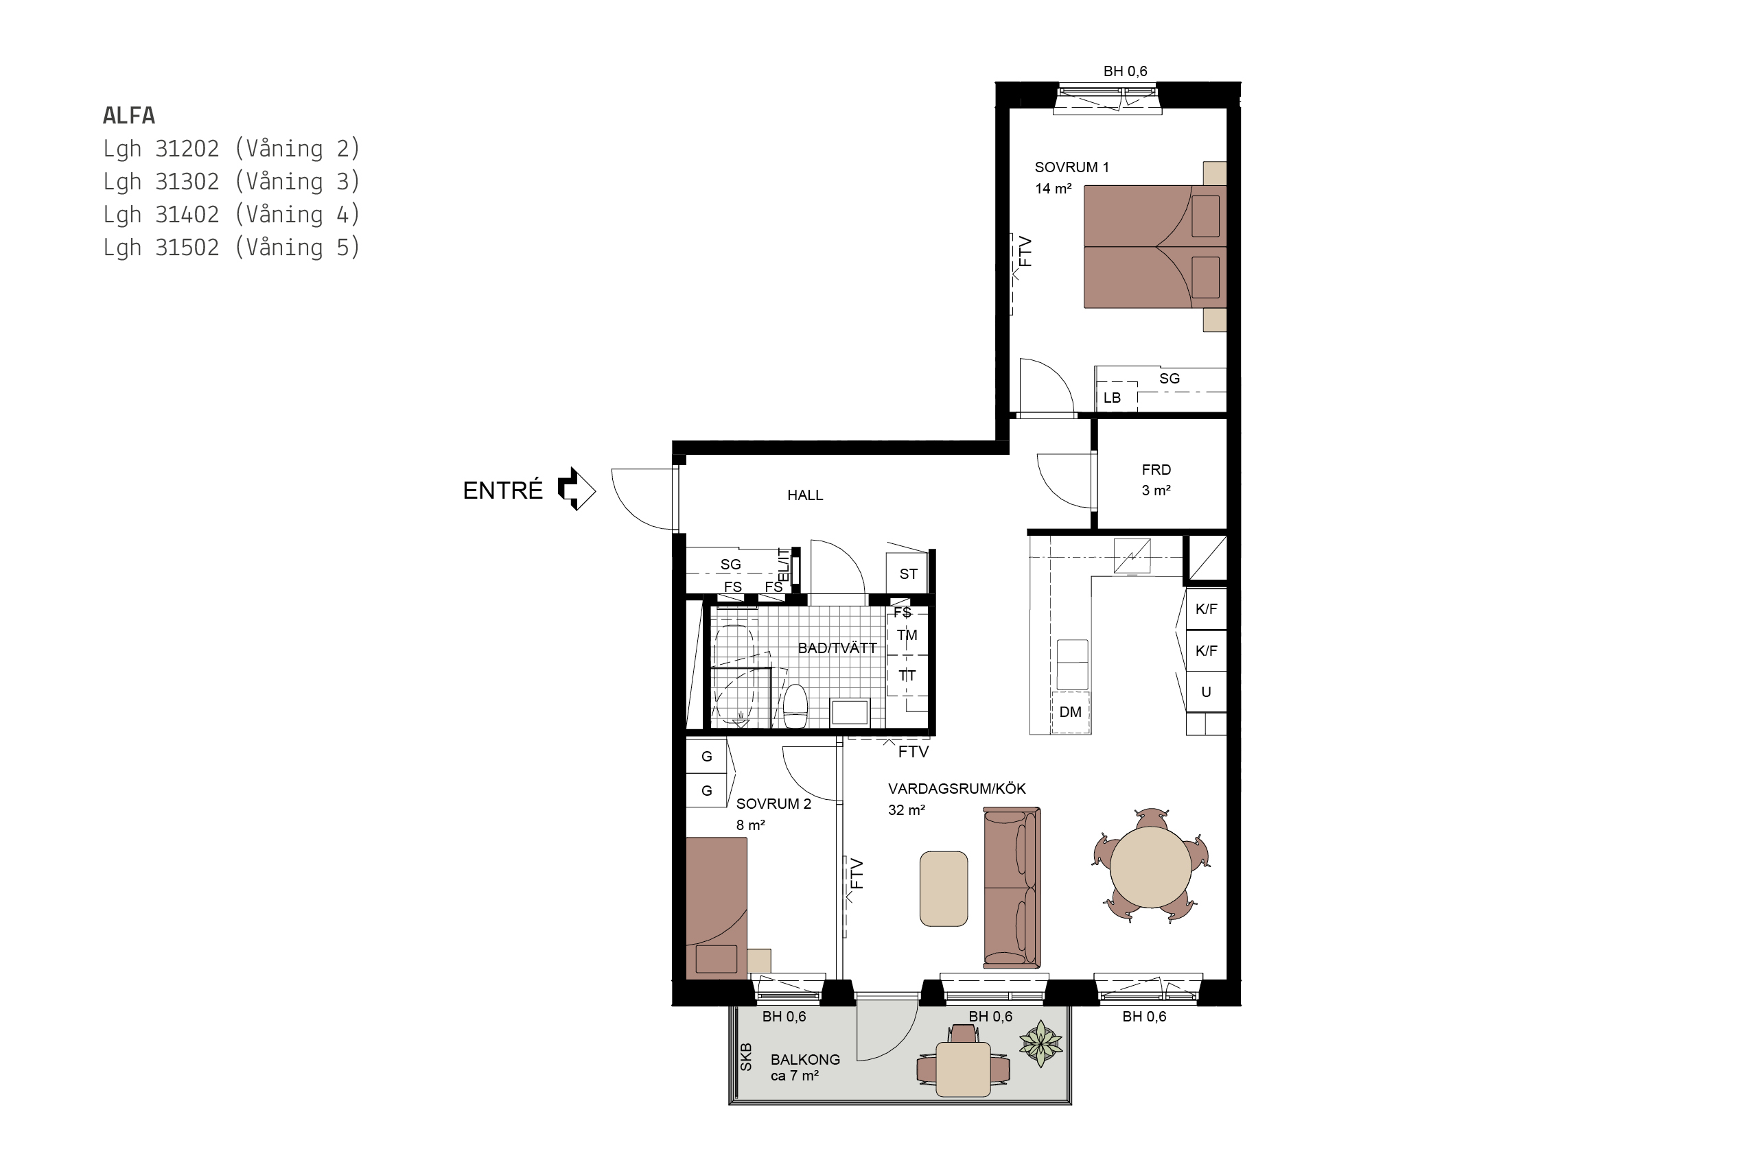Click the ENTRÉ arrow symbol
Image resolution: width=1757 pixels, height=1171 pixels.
576,489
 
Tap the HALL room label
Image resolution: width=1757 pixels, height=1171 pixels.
804,495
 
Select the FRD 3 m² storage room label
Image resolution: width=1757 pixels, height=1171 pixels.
1156,480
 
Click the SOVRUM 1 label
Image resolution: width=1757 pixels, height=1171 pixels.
1071,167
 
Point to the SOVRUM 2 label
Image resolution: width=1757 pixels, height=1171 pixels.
773,803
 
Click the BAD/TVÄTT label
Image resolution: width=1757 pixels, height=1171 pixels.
837,648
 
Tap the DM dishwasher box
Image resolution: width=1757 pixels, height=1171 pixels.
1071,711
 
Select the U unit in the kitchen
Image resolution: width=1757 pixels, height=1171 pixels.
1206,691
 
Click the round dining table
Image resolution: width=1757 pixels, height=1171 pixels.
1150,866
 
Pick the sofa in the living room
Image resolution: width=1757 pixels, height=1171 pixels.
1012,887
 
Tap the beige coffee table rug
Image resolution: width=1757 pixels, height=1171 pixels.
944,888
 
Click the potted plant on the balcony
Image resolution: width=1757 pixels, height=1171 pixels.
1040,1043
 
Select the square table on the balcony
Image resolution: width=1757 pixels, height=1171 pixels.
963,1069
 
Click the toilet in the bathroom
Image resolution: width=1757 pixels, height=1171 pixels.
795,706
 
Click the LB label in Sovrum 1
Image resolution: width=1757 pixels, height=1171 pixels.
1112,397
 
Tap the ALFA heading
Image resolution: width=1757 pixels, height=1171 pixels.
129,116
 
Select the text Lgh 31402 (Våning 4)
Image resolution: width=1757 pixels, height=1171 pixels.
231,214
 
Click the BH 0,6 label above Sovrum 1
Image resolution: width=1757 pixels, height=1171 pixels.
1125,71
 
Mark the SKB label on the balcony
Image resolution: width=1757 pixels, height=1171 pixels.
745,1056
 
